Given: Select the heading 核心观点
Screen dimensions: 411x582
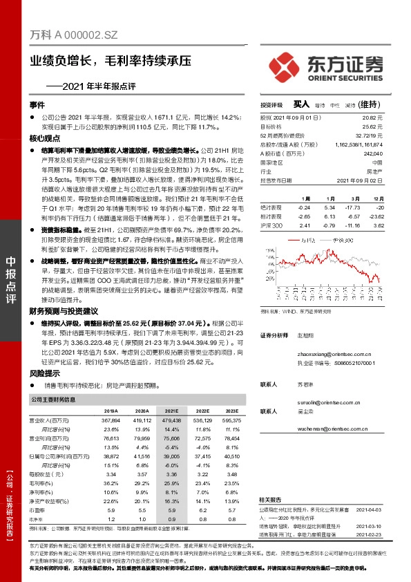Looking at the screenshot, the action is [42, 139].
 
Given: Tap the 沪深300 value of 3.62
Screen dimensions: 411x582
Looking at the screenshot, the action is [377, 225].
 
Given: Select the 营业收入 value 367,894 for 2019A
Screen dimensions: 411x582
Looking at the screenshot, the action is [111, 420].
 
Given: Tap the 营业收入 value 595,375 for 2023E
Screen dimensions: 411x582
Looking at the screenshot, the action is [231, 420].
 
